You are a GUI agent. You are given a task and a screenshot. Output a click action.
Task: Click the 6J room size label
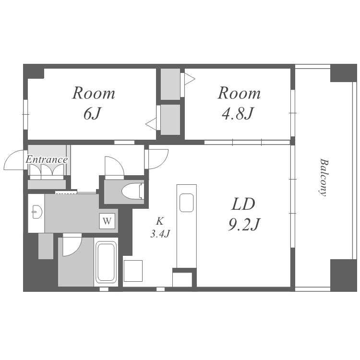(x=92, y=114)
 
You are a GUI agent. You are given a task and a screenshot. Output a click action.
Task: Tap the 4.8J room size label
(x=238, y=114)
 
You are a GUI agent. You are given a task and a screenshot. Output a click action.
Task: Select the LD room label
(x=243, y=204)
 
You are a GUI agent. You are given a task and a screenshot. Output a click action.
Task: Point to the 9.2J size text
(x=244, y=225)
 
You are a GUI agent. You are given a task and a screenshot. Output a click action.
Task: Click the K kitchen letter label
(x=160, y=221)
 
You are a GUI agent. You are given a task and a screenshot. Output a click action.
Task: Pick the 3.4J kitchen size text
(x=160, y=234)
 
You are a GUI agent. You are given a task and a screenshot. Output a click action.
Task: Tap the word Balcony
(x=324, y=177)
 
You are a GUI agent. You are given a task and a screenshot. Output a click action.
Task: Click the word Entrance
(x=47, y=159)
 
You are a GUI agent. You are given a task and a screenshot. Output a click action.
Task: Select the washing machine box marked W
(x=107, y=221)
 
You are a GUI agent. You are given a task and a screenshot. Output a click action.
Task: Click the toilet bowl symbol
(x=132, y=191)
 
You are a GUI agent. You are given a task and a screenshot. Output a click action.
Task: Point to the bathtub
(x=106, y=262)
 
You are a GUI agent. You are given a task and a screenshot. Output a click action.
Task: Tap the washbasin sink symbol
(x=37, y=212)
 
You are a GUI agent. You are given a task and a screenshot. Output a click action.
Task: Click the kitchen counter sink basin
(x=186, y=203)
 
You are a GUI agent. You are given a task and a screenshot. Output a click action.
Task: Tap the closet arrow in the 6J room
(x=151, y=124)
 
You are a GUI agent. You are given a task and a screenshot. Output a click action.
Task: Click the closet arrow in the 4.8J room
(x=190, y=79)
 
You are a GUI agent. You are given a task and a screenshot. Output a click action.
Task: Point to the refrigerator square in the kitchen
(x=133, y=271)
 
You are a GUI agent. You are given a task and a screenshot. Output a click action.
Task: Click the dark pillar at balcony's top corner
(x=344, y=73)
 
